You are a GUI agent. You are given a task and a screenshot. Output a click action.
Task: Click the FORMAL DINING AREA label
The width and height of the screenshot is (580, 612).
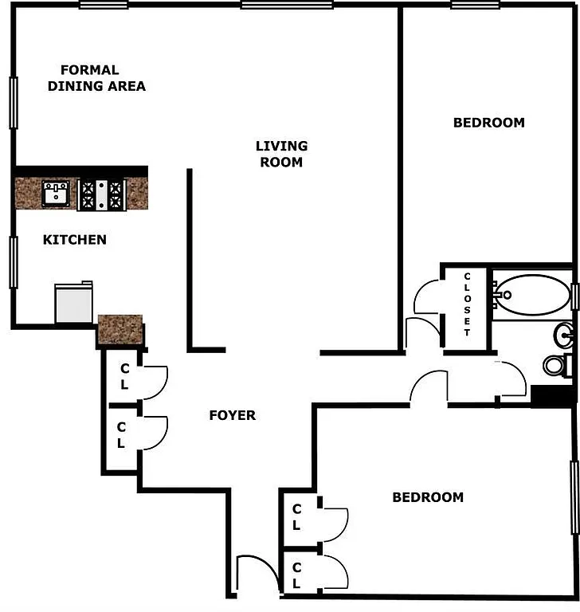96,78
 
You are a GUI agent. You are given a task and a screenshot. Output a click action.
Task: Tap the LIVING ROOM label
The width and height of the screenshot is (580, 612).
281,154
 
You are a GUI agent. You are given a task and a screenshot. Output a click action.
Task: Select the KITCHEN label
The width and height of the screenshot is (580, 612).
74,239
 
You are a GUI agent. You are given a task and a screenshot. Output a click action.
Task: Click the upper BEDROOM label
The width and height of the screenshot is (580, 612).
488,123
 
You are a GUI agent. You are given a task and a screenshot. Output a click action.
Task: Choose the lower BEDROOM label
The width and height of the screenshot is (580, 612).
427,497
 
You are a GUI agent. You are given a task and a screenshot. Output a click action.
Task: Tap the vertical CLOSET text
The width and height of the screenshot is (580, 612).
468,304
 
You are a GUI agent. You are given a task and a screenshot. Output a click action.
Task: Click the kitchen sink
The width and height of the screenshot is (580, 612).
55,193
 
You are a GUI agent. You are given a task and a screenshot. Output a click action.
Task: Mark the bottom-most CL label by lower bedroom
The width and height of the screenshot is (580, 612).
296,576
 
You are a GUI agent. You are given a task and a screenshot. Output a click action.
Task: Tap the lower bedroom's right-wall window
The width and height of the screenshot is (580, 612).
574,497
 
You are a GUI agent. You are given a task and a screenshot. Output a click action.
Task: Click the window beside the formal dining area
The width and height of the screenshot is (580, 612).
14,101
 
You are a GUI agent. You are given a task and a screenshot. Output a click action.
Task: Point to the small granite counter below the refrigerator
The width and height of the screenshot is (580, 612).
120,328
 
